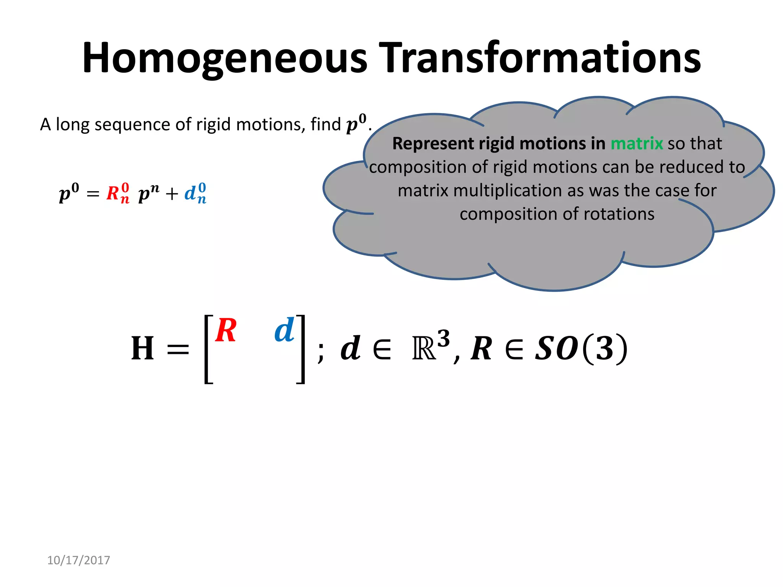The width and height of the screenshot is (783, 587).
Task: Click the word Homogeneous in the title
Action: pos(224,58)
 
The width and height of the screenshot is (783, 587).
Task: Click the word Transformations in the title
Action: pos(539,58)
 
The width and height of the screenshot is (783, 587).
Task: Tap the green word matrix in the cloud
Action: pos(637,144)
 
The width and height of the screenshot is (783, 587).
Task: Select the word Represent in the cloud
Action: pos(433,144)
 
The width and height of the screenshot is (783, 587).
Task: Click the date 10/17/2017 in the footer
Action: pos(78,560)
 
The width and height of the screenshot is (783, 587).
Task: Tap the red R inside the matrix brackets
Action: pos(226,331)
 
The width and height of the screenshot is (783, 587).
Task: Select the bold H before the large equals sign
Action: pos(142,348)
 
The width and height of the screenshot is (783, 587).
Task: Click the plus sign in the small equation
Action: pos(172,194)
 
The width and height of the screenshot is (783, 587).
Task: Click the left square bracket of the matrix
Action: pos(208,349)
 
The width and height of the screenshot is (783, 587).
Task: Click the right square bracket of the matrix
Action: pos(301,349)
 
